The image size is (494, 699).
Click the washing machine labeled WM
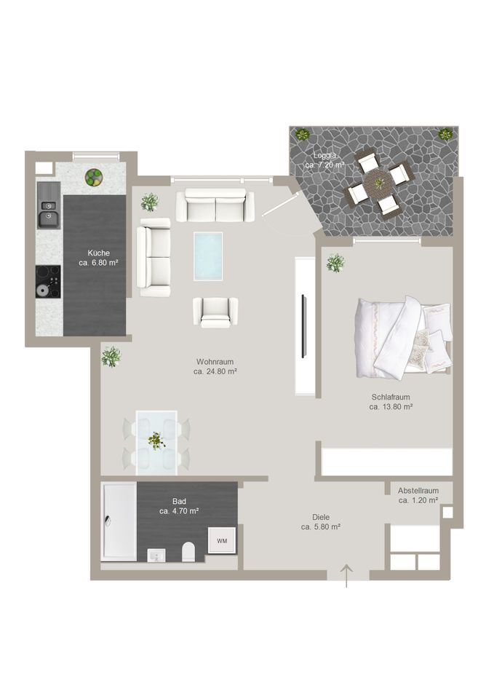[x=222, y=540]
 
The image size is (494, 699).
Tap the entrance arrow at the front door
[x=347, y=575]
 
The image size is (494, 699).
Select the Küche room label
[x=98, y=253]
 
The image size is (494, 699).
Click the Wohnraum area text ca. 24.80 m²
[x=215, y=371]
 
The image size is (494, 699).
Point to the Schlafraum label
[x=391, y=397]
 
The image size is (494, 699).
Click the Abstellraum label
[x=418, y=490]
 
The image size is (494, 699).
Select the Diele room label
[x=321, y=517]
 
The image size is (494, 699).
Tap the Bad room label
[x=179, y=501]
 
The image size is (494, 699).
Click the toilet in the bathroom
[x=188, y=551]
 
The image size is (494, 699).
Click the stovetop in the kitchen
[x=48, y=281]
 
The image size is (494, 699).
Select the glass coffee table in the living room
[x=208, y=255]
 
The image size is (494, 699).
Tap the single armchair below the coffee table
[x=215, y=312]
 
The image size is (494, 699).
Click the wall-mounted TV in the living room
[x=304, y=326]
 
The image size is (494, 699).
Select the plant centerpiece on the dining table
[x=156, y=441]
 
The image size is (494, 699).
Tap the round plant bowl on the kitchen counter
[x=93, y=177]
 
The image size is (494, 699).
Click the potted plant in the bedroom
[x=335, y=263]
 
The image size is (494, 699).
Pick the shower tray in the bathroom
[x=119, y=521]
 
